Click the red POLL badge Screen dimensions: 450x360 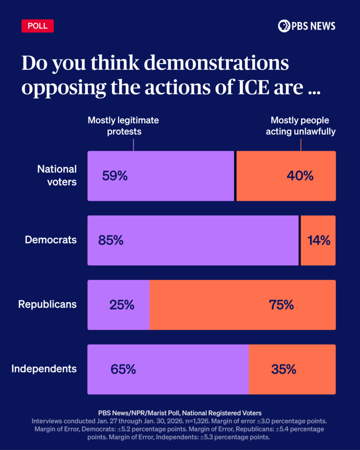[x=37, y=26]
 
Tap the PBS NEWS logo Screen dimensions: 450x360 [x=306, y=26]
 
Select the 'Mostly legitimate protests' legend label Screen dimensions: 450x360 [x=123, y=126]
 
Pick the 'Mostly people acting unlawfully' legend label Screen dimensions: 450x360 [x=300, y=126]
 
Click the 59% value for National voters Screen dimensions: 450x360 [x=115, y=176]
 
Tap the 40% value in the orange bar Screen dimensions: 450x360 [x=300, y=176]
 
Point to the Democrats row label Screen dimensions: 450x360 [x=51, y=240]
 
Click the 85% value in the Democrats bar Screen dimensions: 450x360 [x=111, y=241]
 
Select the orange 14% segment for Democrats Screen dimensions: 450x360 [x=318, y=241]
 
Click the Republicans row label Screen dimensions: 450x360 [x=47, y=304]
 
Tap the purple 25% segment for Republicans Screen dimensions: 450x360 [x=121, y=305]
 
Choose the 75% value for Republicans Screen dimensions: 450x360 [x=281, y=305]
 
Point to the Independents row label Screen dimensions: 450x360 [x=44, y=369]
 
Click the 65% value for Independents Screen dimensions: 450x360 [x=123, y=370]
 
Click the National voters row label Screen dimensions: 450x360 [x=57, y=175]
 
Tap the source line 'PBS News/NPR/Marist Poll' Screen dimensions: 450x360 [x=180, y=413]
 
